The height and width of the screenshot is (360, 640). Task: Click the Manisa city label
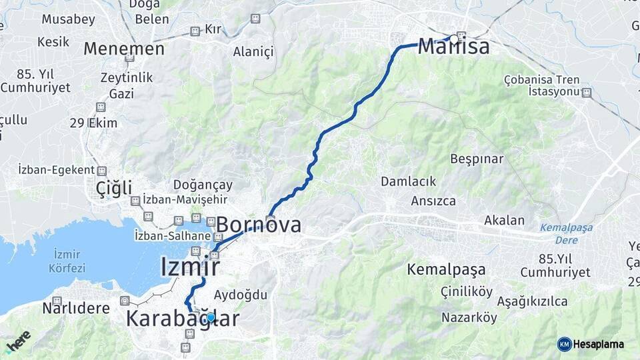tap(454, 47)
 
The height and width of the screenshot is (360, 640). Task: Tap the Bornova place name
tap(259, 225)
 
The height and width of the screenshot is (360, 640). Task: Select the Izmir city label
tap(190, 267)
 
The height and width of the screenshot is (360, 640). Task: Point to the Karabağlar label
tap(182, 319)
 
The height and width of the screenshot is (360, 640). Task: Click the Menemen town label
tap(124, 49)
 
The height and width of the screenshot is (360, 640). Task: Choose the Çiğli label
tap(114, 188)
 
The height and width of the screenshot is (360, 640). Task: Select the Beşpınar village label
tap(477, 159)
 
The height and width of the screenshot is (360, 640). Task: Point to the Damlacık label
tap(408, 181)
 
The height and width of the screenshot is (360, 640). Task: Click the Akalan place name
tap(504, 220)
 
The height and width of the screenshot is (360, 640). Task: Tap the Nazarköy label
tap(469, 317)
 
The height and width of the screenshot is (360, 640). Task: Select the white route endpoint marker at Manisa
tap(455, 39)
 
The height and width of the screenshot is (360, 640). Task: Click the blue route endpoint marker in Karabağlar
tap(211, 317)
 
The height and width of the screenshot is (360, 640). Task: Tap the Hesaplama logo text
tap(598, 344)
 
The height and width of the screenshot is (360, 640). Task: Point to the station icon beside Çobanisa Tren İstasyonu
tap(586, 92)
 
